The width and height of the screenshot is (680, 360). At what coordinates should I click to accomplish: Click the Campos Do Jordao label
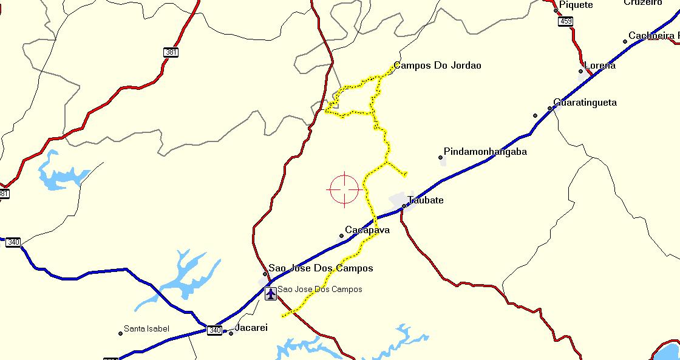coord(437,66)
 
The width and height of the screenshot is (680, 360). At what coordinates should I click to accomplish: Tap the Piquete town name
coord(576,5)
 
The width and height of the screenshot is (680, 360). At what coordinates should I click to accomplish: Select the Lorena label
coord(599,66)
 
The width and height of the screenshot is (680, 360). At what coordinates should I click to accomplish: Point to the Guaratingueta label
coord(585,103)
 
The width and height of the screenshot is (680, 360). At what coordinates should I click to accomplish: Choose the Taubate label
coord(426,200)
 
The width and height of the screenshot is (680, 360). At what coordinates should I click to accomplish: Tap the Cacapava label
coord(367,231)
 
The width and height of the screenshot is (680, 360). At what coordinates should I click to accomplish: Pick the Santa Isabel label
coord(146,329)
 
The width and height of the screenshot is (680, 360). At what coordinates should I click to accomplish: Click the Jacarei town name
coord(251,328)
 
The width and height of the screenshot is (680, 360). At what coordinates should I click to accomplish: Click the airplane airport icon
coord(271,294)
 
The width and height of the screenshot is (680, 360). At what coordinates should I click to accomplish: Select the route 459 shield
coord(566,22)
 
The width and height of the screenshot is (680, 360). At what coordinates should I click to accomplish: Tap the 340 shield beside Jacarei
coord(214,330)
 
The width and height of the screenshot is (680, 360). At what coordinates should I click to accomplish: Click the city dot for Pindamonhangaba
coord(440,158)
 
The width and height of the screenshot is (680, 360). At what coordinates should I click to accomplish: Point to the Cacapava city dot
coord(341,236)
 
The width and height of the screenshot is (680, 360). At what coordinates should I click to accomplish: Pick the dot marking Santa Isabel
coord(120,333)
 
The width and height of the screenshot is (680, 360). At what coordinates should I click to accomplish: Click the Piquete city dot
coord(556,10)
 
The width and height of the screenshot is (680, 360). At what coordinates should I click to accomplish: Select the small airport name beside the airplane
coord(319,290)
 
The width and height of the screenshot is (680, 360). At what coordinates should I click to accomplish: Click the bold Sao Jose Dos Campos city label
coord(321,268)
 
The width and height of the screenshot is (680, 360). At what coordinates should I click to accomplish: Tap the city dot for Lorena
coord(580,71)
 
